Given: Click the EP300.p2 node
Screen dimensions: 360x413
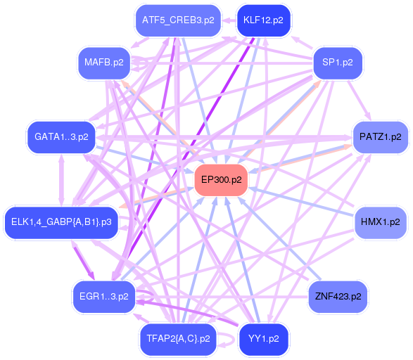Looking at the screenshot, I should pos(221,180).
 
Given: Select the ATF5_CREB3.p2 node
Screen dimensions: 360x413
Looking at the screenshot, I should pos(178,20).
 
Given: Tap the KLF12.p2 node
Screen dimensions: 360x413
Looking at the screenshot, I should pos(262,20).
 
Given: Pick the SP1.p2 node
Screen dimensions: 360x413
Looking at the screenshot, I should pos(338,63).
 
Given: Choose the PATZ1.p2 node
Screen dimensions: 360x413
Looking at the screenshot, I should pos(379,136).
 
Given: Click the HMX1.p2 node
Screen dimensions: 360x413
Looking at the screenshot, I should pos(380,221).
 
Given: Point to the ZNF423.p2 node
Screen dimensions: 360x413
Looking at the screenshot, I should pos(338,296).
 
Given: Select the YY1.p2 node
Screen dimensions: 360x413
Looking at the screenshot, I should pos(263,338).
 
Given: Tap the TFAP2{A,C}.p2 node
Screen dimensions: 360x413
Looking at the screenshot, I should pos(179,338).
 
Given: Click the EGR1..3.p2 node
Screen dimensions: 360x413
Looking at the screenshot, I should pos(103,296).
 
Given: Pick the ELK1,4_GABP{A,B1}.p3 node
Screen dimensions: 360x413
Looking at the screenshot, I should pos(61,222).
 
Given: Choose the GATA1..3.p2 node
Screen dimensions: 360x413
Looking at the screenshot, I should pos(61,136).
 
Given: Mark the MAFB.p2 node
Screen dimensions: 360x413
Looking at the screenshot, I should pos(103,63).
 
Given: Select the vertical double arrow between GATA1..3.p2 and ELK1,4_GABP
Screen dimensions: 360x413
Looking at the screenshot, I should pos(61,179).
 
